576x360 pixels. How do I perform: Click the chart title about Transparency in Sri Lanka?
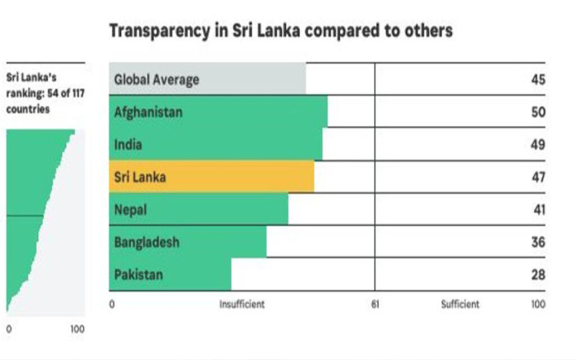point(280,31)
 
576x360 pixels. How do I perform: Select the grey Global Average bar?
point(207,79)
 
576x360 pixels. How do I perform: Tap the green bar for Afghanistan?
point(218,112)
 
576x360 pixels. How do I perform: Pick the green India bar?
point(215,145)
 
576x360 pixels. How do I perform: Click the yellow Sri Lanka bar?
point(211,177)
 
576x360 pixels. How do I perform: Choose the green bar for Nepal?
point(198,209)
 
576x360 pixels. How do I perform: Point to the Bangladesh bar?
point(187,242)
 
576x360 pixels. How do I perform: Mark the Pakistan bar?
point(170,274)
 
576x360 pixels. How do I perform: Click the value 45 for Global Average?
point(538,80)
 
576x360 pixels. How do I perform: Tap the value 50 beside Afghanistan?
point(538,112)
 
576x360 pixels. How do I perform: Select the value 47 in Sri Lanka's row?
point(538,177)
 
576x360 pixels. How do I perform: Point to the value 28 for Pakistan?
point(538,274)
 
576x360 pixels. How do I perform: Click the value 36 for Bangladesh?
point(538,242)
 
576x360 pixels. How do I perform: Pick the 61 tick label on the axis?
point(375,304)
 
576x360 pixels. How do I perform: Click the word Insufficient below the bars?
point(242,304)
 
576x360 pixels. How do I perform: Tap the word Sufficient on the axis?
point(460,304)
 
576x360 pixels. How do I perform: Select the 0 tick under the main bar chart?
point(112,304)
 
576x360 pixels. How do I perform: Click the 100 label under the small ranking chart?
point(78,329)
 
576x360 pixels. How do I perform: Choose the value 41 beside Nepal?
point(538,209)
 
